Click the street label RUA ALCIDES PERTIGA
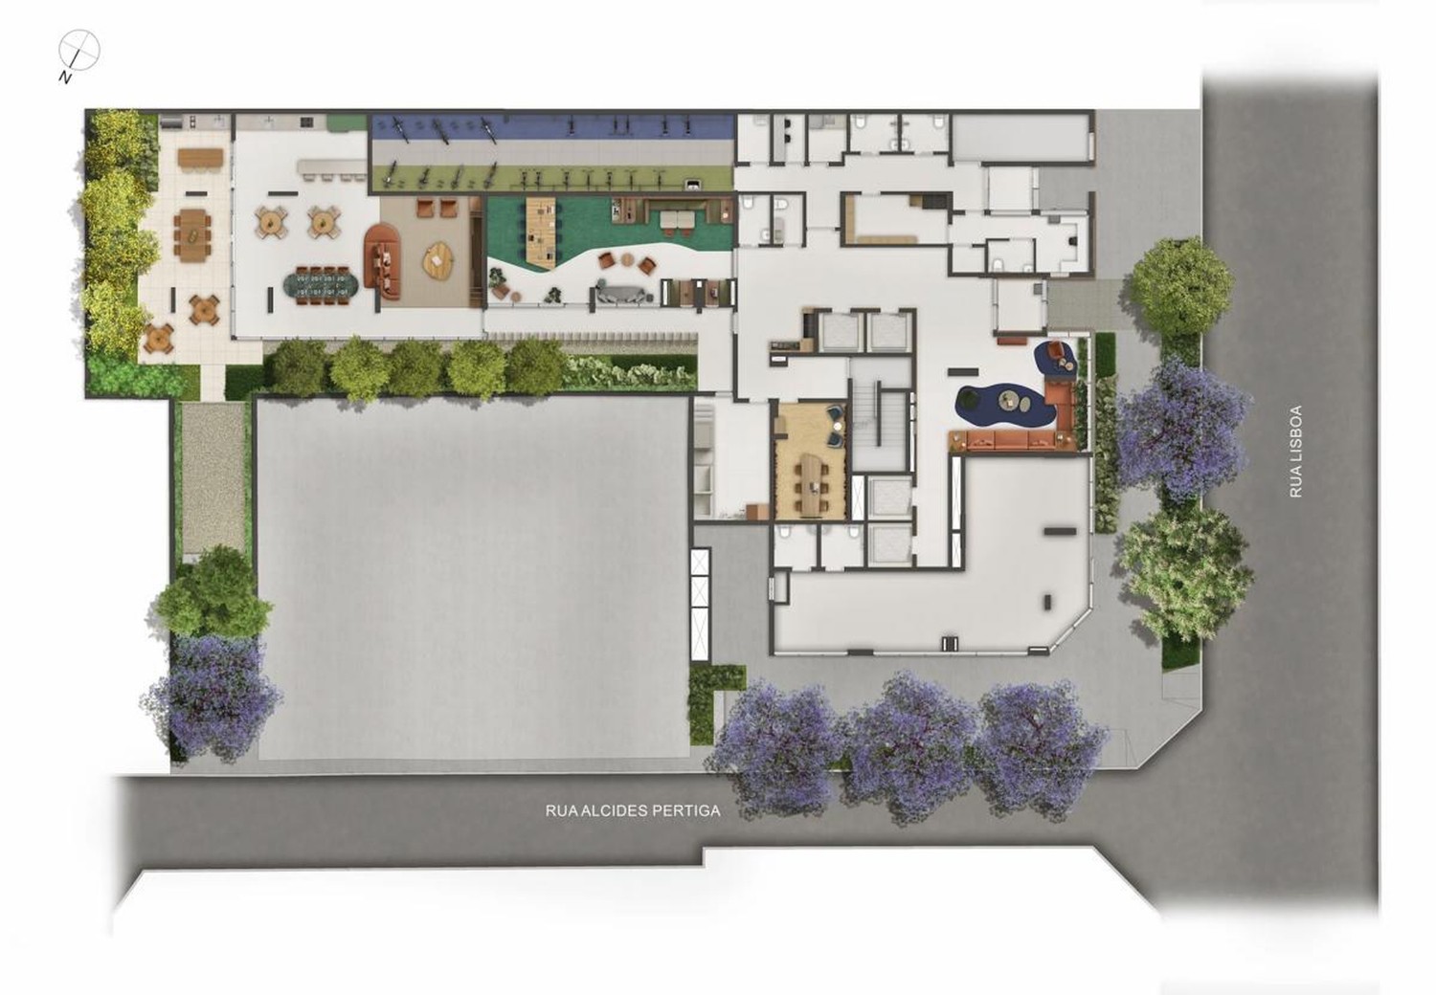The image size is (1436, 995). [x=633, y=810]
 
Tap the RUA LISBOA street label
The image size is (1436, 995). [x=1295, y=451]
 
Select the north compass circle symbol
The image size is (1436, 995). [x=79, y=51]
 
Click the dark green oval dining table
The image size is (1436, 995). [x=322, y=285]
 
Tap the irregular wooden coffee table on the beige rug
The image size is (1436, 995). [x=438, y=258]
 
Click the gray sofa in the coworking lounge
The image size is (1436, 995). [x=621, y=294]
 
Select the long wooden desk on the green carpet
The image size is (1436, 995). [x=541, y=232]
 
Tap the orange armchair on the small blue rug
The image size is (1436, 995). [x=1053, y=349]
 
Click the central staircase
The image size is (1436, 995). [x=881, y=415]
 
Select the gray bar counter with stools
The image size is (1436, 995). [x=331, y=166]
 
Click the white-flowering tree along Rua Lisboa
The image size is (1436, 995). [x=1186, y=572]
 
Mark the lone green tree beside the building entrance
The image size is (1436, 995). [x=1180, y=286]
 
